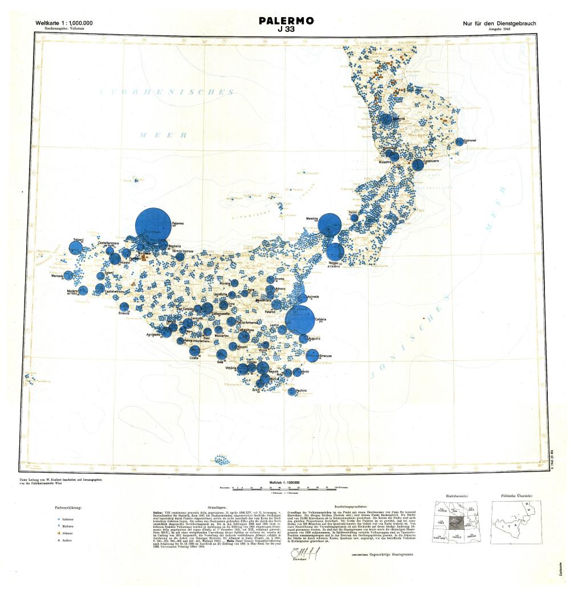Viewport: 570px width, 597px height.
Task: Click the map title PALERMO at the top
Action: [x=286, y=21]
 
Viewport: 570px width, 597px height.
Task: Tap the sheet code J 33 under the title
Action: [x=286, y=30]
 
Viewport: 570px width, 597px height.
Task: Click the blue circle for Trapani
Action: [x=76, y=247]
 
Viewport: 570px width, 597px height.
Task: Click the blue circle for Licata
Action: [x=194, y=351]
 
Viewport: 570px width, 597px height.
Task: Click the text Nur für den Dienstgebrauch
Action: [x=500, y=23]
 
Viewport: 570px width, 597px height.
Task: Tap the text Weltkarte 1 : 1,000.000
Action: [x=64, y=23]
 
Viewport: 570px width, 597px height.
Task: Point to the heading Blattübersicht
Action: [x=456, y=497]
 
